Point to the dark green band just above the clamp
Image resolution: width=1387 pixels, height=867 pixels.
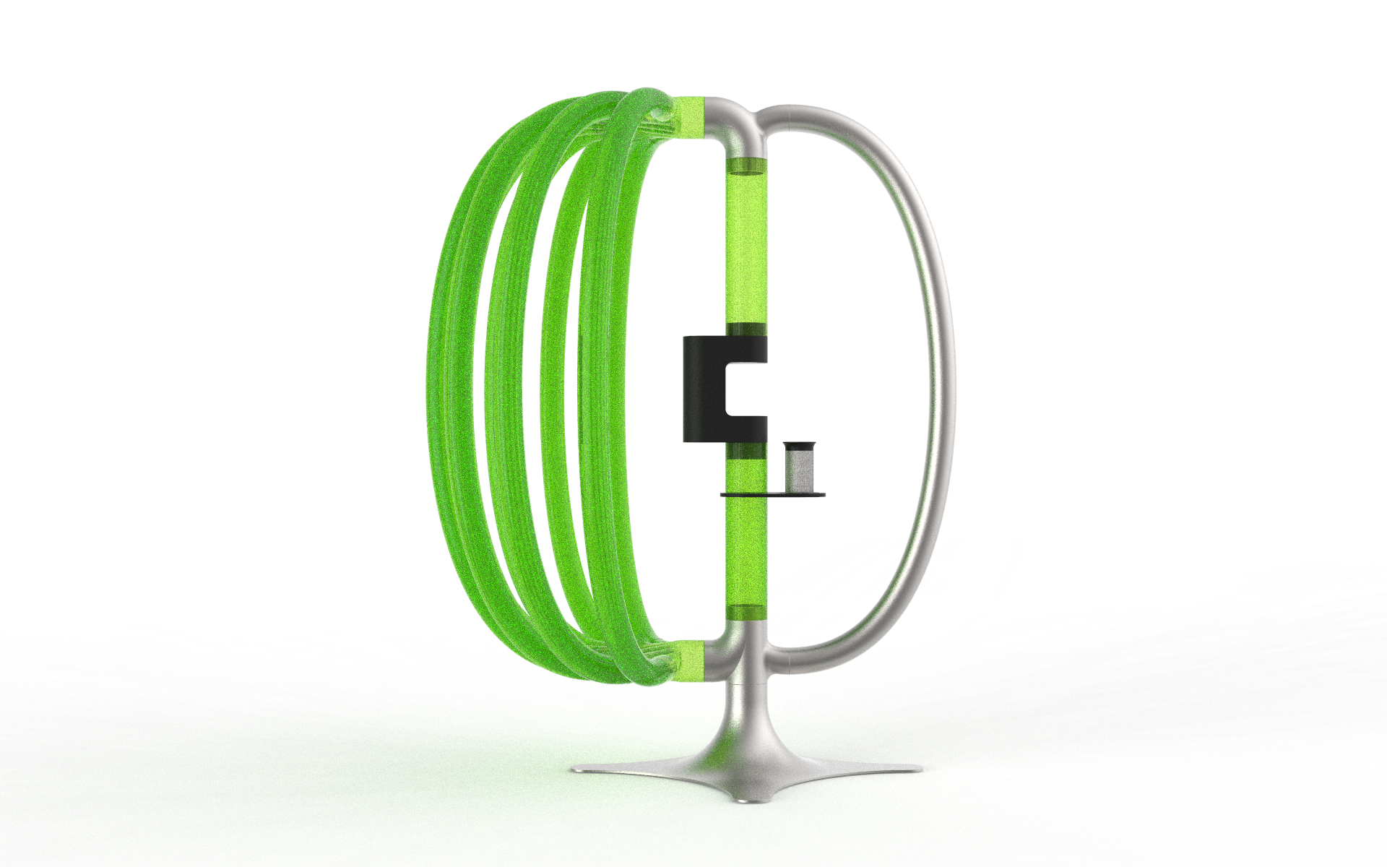pos(745,329)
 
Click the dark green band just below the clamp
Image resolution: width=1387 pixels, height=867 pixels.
pos(745,451)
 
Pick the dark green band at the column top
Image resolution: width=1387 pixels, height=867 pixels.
pos(745,165)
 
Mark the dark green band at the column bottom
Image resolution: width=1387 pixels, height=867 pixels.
pos(745,613)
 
